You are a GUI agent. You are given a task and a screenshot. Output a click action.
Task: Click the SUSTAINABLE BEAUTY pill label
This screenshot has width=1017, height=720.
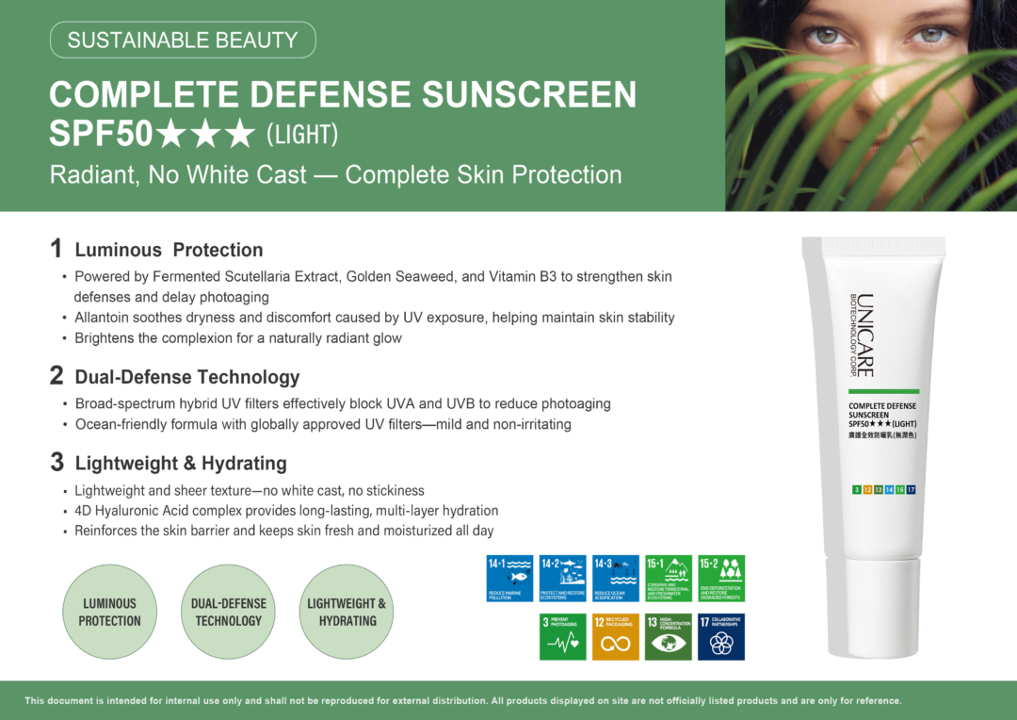click(182, 40)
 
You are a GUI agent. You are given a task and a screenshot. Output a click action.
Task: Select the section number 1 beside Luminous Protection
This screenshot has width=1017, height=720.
click(56, 249)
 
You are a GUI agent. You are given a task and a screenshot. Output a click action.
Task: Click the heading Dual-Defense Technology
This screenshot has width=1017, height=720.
click(186, 377)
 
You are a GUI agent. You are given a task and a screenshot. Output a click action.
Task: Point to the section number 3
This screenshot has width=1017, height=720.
click(56, 462)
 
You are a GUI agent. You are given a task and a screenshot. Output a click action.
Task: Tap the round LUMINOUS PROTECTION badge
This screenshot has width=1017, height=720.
click(109, 612)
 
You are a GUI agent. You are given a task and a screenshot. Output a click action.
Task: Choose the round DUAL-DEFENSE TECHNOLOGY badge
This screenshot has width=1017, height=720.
click(228, 612)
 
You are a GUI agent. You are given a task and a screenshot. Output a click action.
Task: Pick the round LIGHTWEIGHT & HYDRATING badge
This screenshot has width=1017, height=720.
click(347, 612)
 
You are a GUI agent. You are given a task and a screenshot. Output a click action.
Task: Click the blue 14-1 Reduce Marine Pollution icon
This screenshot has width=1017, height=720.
click(509, 579)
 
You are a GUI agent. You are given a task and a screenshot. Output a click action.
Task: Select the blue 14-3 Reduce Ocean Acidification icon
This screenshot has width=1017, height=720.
click(616, 579)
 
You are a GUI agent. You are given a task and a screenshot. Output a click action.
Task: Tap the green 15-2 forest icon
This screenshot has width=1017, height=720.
click(721, 579)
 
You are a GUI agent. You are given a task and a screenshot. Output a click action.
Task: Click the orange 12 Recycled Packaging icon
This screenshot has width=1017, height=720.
click(616, 636)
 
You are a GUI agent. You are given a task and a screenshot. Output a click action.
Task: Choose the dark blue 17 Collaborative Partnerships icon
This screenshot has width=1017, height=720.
click(721, 636)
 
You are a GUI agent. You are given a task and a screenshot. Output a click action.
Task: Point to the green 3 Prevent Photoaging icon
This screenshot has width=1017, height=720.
click(562, 636)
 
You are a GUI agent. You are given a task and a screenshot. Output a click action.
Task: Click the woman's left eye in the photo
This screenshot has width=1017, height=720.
click(931, 36)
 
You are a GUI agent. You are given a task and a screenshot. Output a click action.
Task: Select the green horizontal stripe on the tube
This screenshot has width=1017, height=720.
click(883, 390)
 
